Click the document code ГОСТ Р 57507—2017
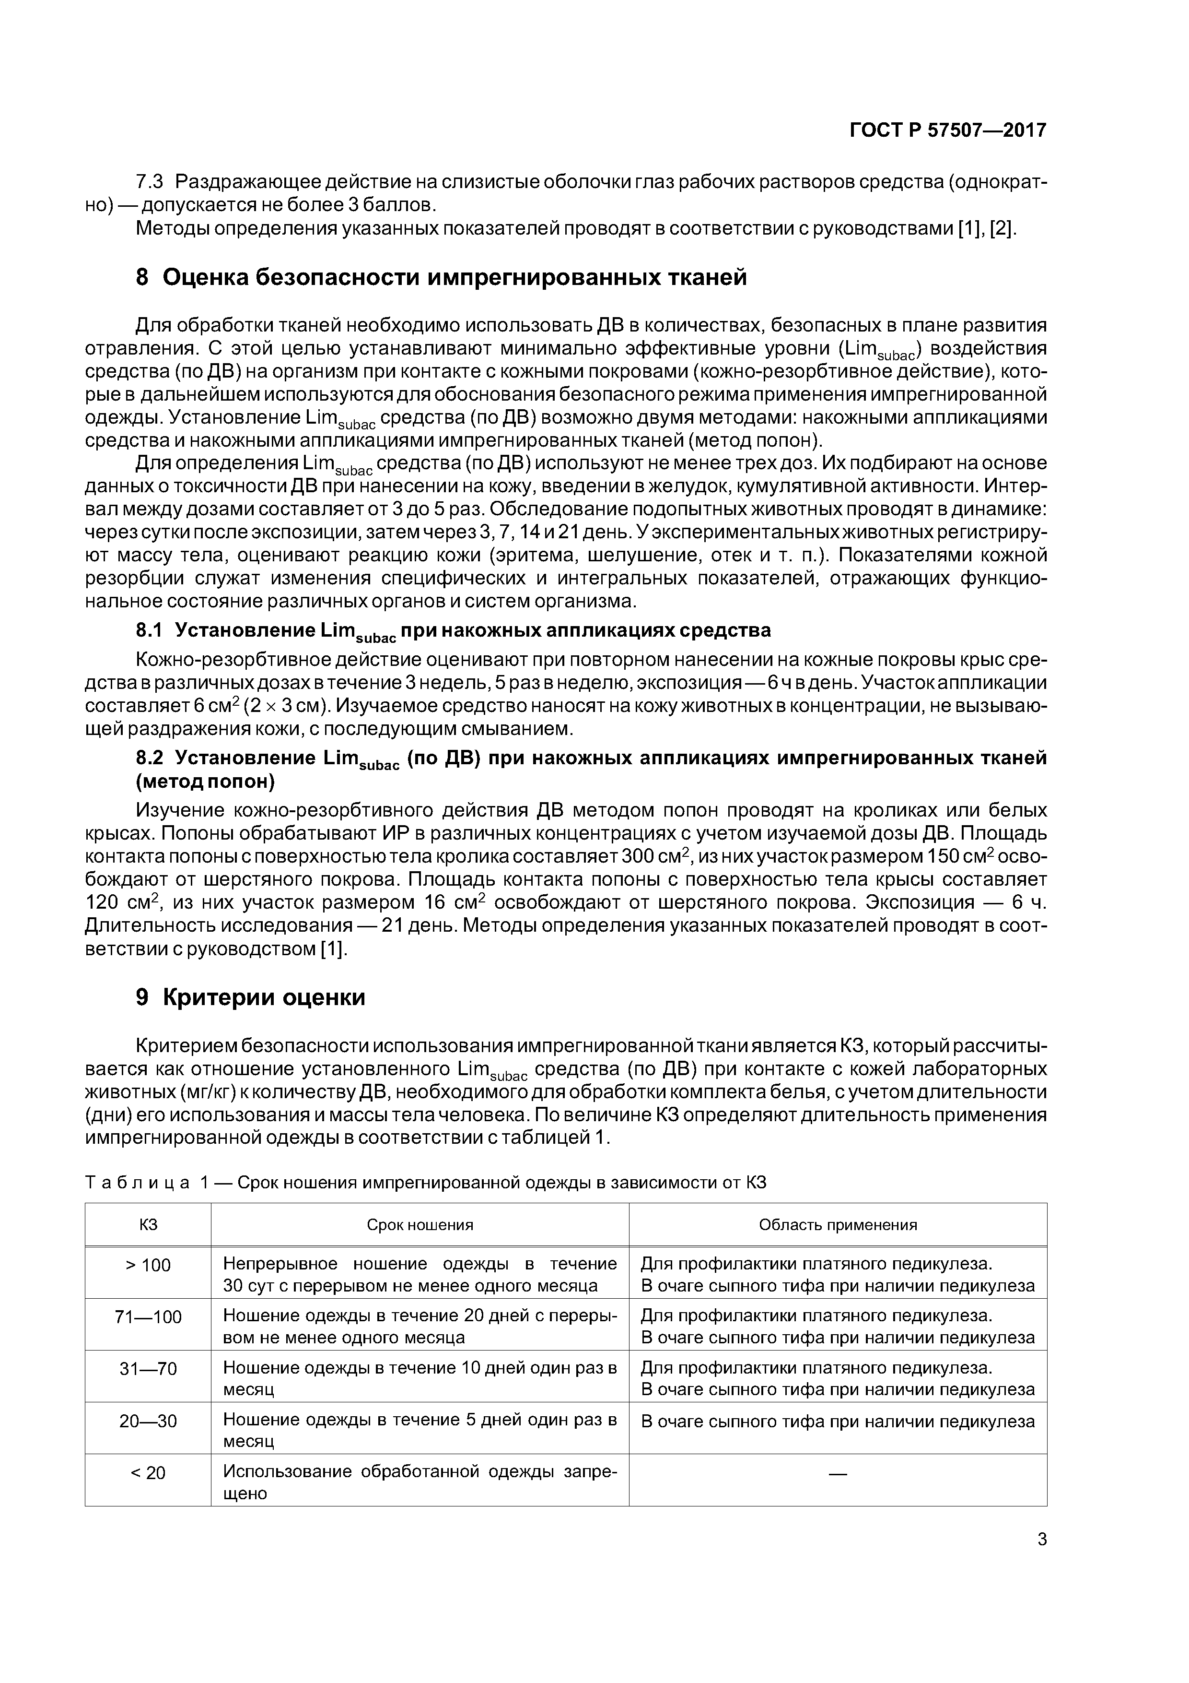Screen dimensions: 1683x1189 click(x=947, y=130)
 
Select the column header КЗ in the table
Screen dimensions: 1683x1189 click(x=148, y=1225)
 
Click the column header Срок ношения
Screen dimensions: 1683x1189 click(x=420, y=1225)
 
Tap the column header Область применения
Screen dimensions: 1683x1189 click(x=838, y=1225)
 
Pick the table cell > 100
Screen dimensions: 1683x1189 click(x=148, y=1265)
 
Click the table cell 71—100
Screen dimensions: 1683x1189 click(x=148, y=1317)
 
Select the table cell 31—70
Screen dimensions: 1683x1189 click(x=148, y=1369)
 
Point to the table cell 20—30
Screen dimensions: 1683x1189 click(x=148, y=1422)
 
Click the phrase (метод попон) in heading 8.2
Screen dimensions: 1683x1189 click(x=205, y=782)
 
